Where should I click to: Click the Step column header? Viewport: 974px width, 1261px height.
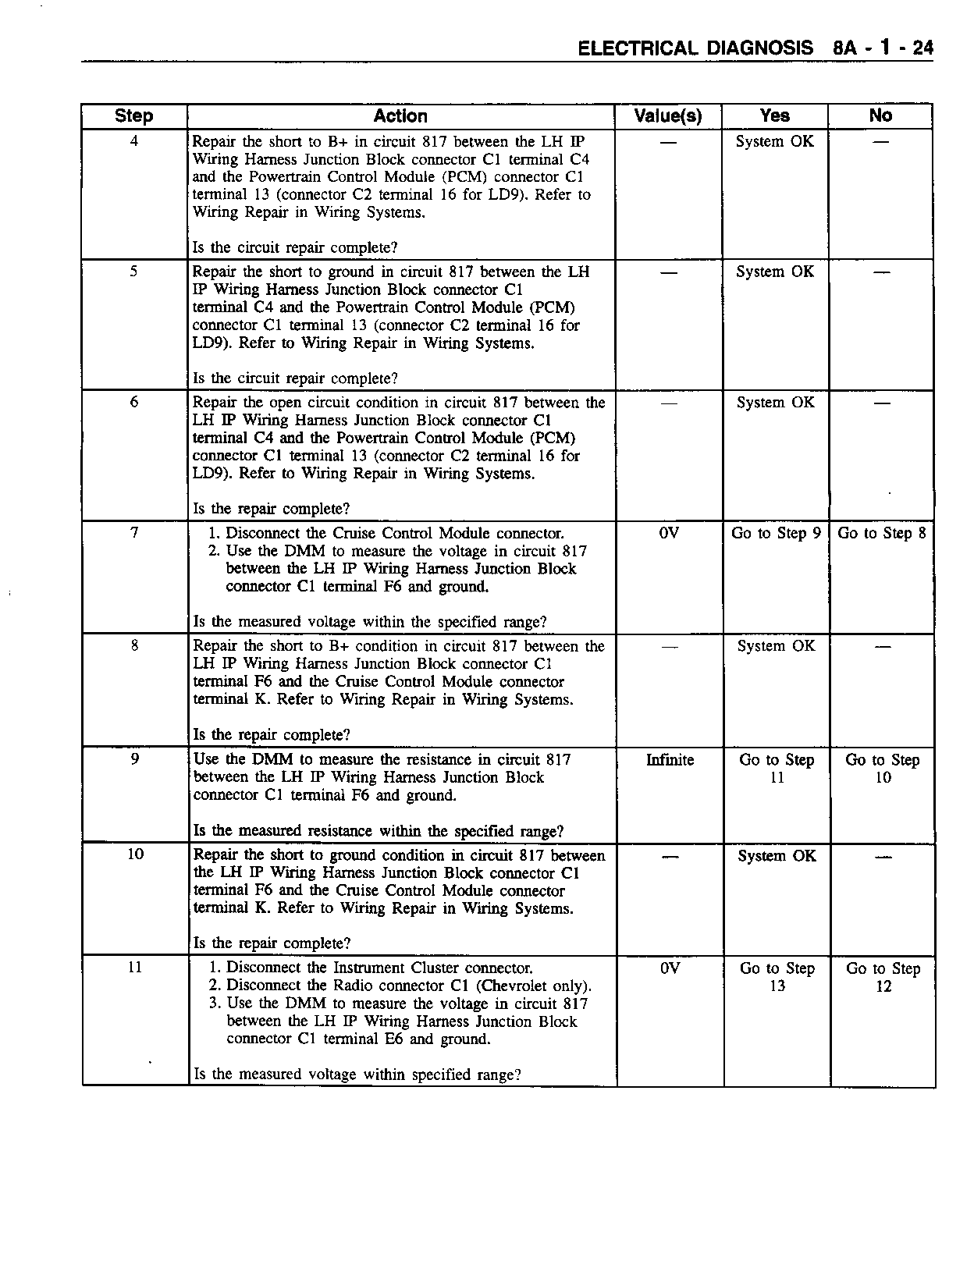[133, 116]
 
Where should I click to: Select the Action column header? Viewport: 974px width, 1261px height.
[400, 116]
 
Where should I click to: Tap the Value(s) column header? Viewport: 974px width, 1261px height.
[668, 116]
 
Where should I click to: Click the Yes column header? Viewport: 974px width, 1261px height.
[774, 115]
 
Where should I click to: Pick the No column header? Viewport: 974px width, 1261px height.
[880, 115]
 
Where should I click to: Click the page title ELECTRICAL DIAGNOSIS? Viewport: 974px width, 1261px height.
[695, 48]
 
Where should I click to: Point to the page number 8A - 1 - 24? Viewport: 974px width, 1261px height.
[883, 48]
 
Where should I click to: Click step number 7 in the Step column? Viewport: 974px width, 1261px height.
[134, 533]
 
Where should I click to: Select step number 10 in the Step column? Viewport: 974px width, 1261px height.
[135, 854]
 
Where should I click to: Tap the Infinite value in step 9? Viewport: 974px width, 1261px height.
[670, 760]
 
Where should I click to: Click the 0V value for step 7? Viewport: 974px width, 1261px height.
[669, 533]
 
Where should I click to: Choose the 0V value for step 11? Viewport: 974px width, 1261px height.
[670, 968]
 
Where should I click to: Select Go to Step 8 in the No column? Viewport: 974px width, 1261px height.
[882, 533]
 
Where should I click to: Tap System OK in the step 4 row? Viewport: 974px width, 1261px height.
[775, 141]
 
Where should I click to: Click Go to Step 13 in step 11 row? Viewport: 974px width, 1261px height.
[777, 977]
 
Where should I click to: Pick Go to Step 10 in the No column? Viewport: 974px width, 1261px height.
[883, 769]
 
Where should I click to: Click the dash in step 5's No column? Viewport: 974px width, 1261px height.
[881, 272]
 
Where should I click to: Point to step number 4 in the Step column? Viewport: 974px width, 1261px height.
[134, 141]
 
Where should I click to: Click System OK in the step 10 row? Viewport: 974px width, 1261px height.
[777, 856]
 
